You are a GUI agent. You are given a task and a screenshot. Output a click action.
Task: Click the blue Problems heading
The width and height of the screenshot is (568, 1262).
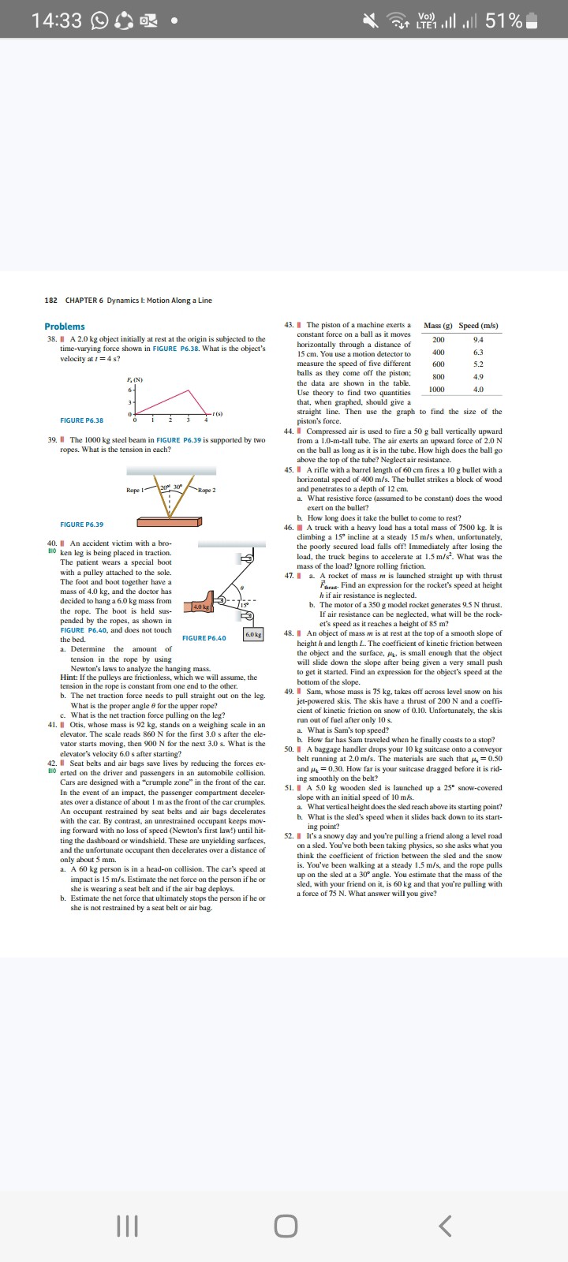[x=65, y=327]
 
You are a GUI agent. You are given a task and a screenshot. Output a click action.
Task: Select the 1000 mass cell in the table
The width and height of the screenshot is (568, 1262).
[x=437, y=389]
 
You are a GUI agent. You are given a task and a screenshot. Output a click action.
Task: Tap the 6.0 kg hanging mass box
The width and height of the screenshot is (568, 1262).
[x=253, y=634]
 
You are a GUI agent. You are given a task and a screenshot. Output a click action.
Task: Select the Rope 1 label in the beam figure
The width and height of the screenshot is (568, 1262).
[x=136, y=490]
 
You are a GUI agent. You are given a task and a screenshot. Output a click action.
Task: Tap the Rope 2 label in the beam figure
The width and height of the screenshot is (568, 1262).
[x=207, y=490]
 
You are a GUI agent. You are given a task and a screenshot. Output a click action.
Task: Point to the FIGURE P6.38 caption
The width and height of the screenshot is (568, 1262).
[x=82, y=420]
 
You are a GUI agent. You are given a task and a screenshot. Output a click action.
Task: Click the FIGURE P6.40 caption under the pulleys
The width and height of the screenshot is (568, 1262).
[x=204, y=638]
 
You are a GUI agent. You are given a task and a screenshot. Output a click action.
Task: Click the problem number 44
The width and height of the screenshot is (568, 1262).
[x=289, y=431]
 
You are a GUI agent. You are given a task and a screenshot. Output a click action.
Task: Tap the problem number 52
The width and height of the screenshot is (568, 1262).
[x=289, y=835]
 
